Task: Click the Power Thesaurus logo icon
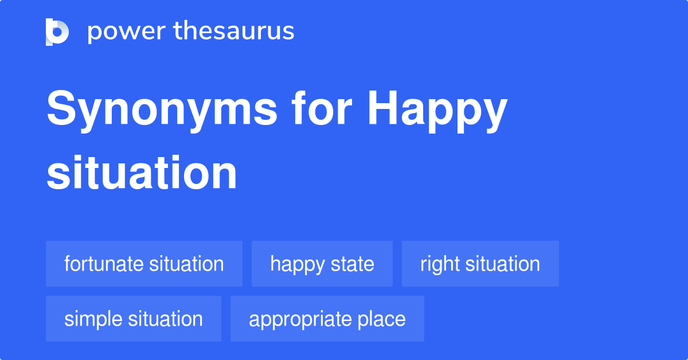[57, 32]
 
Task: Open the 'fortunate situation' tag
[144, 264]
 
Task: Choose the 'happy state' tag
[322, 264]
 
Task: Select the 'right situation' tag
[480, 264]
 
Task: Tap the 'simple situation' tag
[133, 319]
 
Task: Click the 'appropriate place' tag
[327, 319]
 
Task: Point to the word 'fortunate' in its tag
[104, 264]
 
